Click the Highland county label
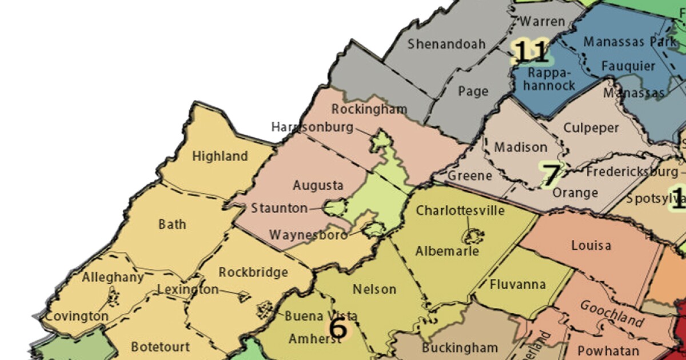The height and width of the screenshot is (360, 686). [220, 156]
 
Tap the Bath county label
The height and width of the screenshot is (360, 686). [172, 223]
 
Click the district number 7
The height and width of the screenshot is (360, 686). [551, 176]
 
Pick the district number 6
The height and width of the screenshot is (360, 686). [338, 329]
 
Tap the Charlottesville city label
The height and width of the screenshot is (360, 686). [460, 210]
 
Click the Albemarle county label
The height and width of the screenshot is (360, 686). [448, 250]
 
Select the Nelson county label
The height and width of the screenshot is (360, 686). [374, 289]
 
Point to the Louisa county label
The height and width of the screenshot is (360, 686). [591, 246]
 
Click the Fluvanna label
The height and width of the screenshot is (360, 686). [518, 285]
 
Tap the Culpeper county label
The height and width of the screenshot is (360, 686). [591, 127]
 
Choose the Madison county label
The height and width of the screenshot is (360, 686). [520, 147]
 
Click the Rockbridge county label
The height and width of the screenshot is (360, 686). [253, 273]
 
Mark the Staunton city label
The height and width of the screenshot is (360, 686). [280, 209]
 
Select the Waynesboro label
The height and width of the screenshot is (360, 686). [308, 235]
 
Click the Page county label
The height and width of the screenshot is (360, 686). [473, 91]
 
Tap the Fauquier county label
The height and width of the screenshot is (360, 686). [628, 66]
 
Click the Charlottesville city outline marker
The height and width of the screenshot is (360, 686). [472, 234]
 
